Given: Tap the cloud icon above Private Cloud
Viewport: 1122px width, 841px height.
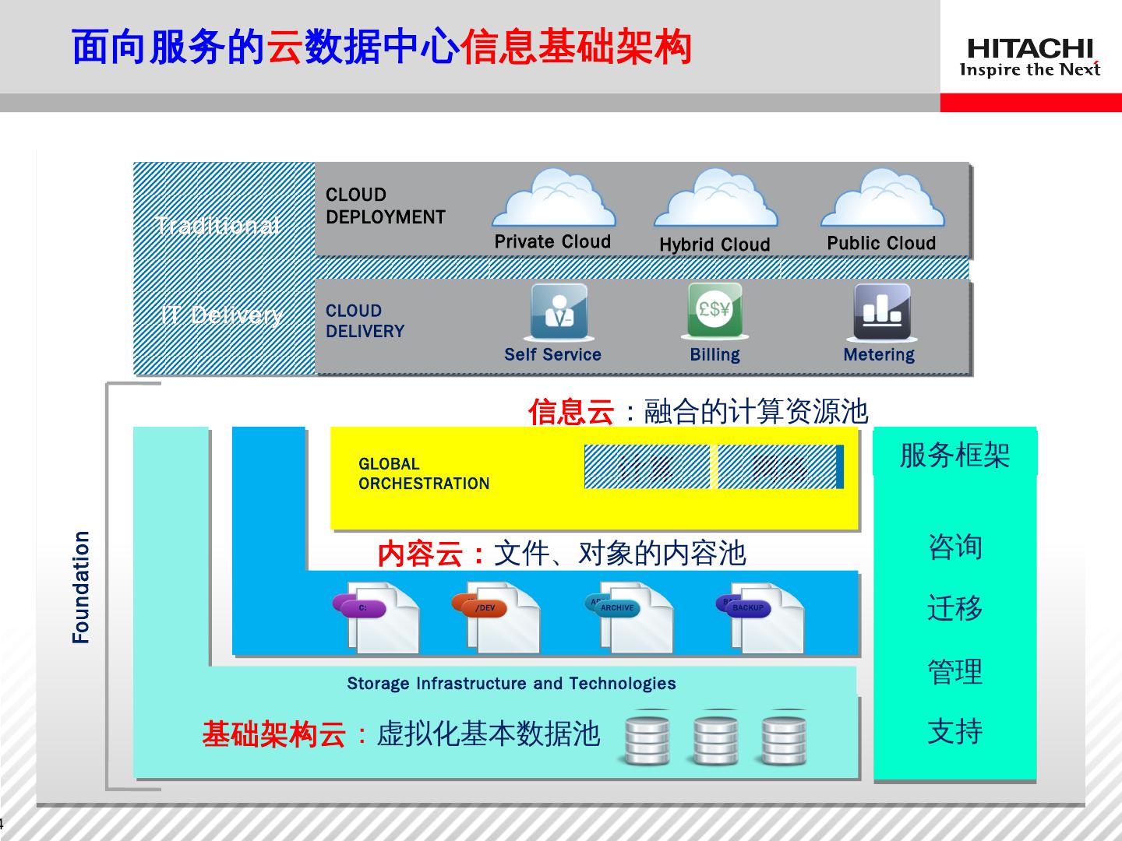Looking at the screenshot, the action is (553, 199).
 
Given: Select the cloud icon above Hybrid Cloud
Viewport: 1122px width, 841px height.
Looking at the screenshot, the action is (715, 199).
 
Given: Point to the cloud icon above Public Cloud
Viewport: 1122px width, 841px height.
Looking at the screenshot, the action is (882, 199).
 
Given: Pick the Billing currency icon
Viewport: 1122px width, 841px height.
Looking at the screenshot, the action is (714, 310).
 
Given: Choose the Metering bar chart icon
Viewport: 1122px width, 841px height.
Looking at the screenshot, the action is (881, 311).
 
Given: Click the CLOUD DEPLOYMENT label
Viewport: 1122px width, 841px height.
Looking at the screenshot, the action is (385, 206).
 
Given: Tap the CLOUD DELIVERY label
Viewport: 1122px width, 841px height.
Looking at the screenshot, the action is (365, 321).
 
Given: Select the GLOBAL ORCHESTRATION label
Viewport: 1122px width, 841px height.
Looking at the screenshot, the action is (424, 473).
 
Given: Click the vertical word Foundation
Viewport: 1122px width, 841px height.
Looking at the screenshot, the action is (81, 587).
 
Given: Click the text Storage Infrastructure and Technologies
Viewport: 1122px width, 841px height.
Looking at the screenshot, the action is (511, 684).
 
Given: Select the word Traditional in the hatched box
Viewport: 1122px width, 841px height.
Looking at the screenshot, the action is (217, 226).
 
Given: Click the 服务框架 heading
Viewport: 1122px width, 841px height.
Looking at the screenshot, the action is (954, 455).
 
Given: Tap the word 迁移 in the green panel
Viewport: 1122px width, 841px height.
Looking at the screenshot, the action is (954, 607).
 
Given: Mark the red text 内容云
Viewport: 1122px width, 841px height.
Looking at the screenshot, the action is (420, 554).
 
